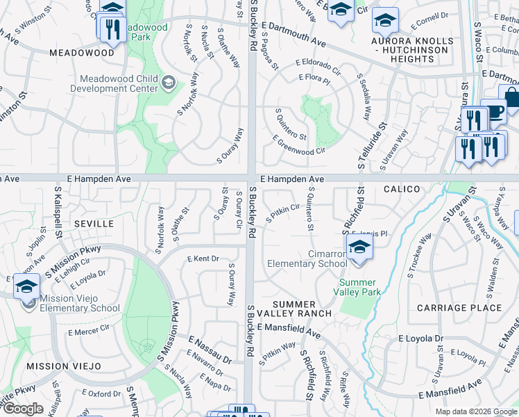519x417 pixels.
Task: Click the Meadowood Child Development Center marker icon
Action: coord(168,83)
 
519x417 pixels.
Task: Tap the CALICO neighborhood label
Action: coord(401,189)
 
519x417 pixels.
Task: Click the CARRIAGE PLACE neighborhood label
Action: coord(459,307)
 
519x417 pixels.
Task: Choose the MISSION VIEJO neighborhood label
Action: coord(58,366)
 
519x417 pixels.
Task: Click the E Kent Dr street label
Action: coord(203,259)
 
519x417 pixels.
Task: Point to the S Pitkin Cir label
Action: coord(282,212)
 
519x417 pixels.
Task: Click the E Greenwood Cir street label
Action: coord(299,145)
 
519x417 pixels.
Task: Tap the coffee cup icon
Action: coord(493,111)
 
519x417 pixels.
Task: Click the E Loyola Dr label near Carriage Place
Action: coord(420,338)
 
